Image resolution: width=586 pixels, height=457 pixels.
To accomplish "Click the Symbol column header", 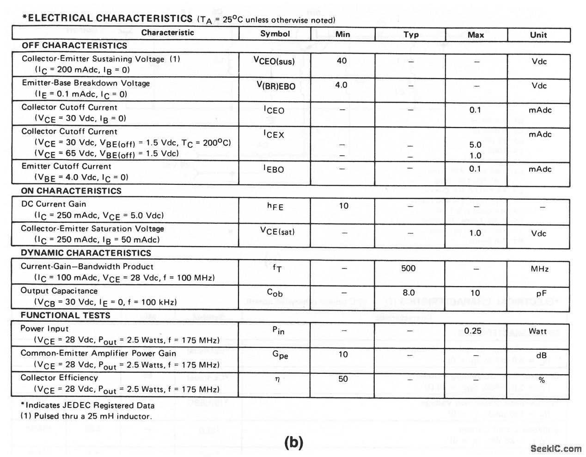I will pyautogui.click(x=275, y=34).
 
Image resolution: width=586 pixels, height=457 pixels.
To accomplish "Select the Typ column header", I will pyautogui.click(x=411, y=35).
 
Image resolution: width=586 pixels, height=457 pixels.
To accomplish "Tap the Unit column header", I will pyautogui.click(x=538, y=35).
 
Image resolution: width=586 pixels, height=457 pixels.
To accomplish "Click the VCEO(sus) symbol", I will pyautogui.click(x=274, y=61).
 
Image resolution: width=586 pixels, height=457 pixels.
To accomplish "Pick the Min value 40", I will pyautogui.click(x=342, y=61).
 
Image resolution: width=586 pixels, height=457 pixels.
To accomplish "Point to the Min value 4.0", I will pyautogui.click(x=341, y=85).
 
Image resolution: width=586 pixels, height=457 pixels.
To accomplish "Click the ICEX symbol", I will pyautogui.click(x=274, y=134).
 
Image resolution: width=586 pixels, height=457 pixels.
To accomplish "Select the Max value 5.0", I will pyautogui.click(x=475, y=145).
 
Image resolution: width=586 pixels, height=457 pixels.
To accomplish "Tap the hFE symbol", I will pyautogui.click(x=275, y=207).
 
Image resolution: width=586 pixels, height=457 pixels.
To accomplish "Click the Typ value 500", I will pyautogui.click(x=409, y=268).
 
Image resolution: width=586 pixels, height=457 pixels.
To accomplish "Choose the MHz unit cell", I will pyautogui.click(x=538, y=269).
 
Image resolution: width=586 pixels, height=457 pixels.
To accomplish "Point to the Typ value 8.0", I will pyautogui.click(x=409, y=292).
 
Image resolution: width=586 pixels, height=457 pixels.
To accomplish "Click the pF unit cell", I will pyautogui.click(x=538, y=293).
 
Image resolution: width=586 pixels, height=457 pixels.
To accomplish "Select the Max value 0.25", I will pyautogui.click(x=473, y=331).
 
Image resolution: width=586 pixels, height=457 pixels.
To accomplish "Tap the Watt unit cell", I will pyautogui.click(x=538, y=331).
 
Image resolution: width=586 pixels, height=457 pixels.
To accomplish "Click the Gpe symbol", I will pyautogui.click(x=275, y=355).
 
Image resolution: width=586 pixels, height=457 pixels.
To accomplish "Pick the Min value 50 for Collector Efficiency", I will pyautogui.click(x=343, y=379).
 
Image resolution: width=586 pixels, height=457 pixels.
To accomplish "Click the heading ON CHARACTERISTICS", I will pyautogui.click(x=71, y=191).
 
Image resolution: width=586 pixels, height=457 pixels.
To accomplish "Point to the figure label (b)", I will pyautogui.click(x=293, y=442).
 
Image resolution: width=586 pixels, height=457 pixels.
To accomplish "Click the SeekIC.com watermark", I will pyautogui.click(x=556, y=448).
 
